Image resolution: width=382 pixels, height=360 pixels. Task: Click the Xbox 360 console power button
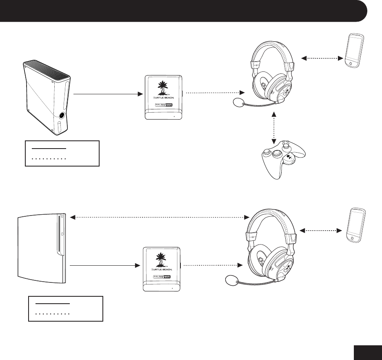pos(61,115)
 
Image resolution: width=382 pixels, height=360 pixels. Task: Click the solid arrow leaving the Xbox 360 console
pos(108,94)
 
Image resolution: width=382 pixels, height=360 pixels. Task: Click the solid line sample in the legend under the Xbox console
pos(49,148)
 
